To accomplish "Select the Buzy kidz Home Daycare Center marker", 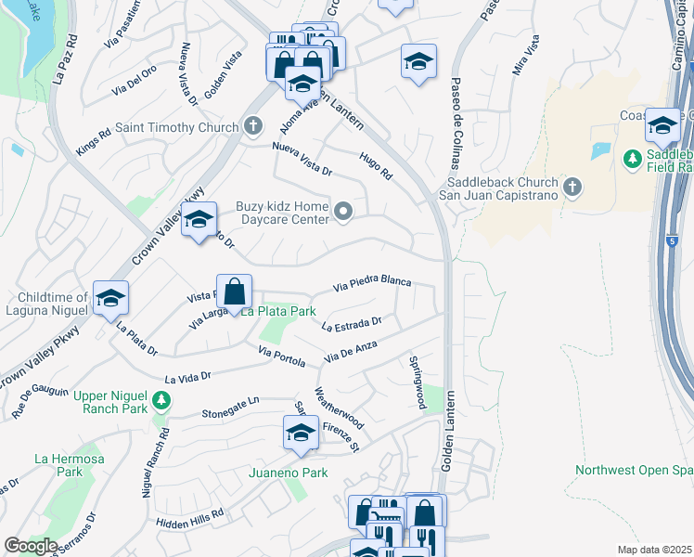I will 344,213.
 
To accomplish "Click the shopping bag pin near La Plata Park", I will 235,291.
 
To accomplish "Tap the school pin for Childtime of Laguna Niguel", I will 110,298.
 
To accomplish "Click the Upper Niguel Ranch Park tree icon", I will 162,400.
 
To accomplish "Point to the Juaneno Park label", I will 289,473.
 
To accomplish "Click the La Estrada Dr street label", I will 352,325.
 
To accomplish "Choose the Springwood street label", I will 418,382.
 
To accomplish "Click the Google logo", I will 31,546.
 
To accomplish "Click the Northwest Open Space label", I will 634,470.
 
